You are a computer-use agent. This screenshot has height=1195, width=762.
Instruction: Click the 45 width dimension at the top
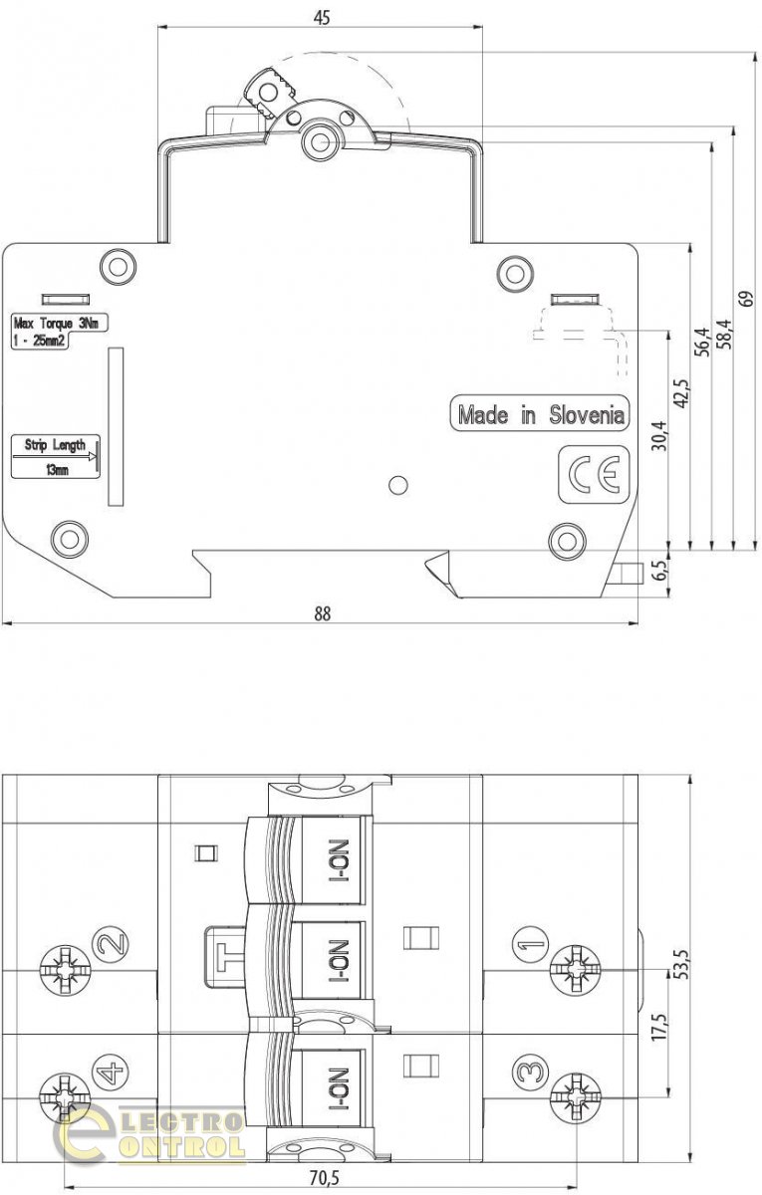tap(322, 18)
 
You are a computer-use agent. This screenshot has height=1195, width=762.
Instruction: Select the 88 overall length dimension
tap(323, 614)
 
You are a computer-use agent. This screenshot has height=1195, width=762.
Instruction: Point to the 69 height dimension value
tap(747, 298)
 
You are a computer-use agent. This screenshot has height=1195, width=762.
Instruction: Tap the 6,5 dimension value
tap(660, 571)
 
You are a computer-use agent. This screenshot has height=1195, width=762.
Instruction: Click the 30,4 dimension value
tap(660, 436)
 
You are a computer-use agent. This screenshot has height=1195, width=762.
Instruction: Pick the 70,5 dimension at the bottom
tap(325, 1177)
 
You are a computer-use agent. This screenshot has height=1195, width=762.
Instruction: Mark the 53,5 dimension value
tap(681, 964)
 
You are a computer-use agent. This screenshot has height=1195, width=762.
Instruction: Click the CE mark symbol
tap(594, 475)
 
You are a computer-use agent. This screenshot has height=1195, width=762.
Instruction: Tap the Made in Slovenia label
tap(541, 414)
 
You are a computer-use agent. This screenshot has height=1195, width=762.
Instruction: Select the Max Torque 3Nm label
tap(60, 332)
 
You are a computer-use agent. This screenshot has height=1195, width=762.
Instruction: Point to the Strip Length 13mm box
tap(56, 457)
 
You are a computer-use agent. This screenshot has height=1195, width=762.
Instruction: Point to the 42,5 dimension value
tap(681, 393)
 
